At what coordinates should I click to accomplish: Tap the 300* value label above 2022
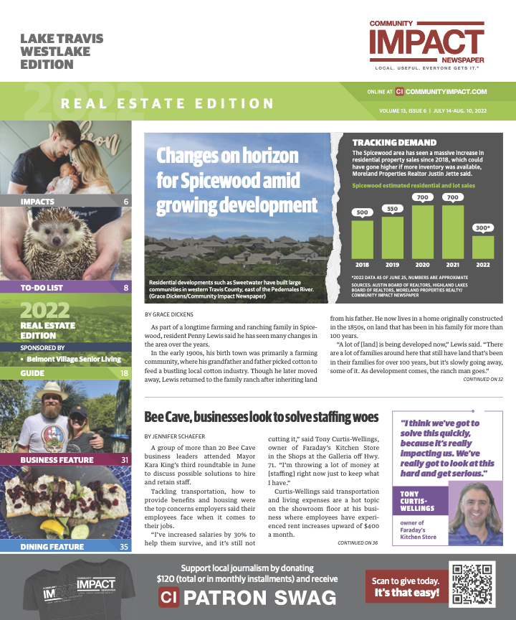coord(482,228)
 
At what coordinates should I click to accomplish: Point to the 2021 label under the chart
coord(453,264)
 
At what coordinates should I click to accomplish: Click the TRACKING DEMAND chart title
coord(394,143)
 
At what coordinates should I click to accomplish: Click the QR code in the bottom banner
coord(474,583)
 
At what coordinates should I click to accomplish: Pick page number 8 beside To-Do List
coord(126,288)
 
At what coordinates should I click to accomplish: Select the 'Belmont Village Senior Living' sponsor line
coord(69,357)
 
